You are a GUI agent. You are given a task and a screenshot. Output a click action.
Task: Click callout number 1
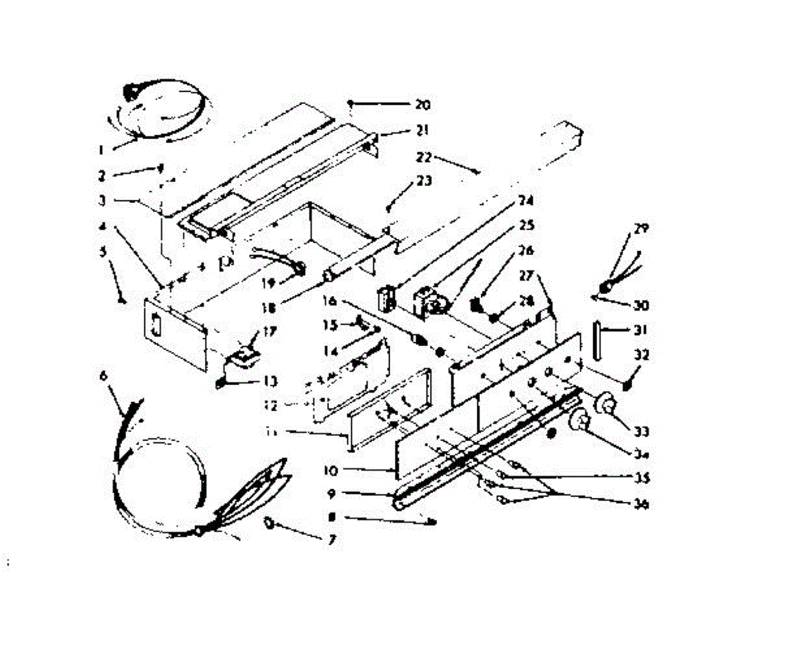102,149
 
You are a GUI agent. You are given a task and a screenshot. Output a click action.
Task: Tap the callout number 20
422,104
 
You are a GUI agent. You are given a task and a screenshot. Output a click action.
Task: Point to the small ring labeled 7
270,523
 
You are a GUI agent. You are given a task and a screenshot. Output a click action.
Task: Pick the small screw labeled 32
627,382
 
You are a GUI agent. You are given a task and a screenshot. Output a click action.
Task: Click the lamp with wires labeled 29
604,287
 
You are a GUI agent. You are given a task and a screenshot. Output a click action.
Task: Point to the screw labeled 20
352,104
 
